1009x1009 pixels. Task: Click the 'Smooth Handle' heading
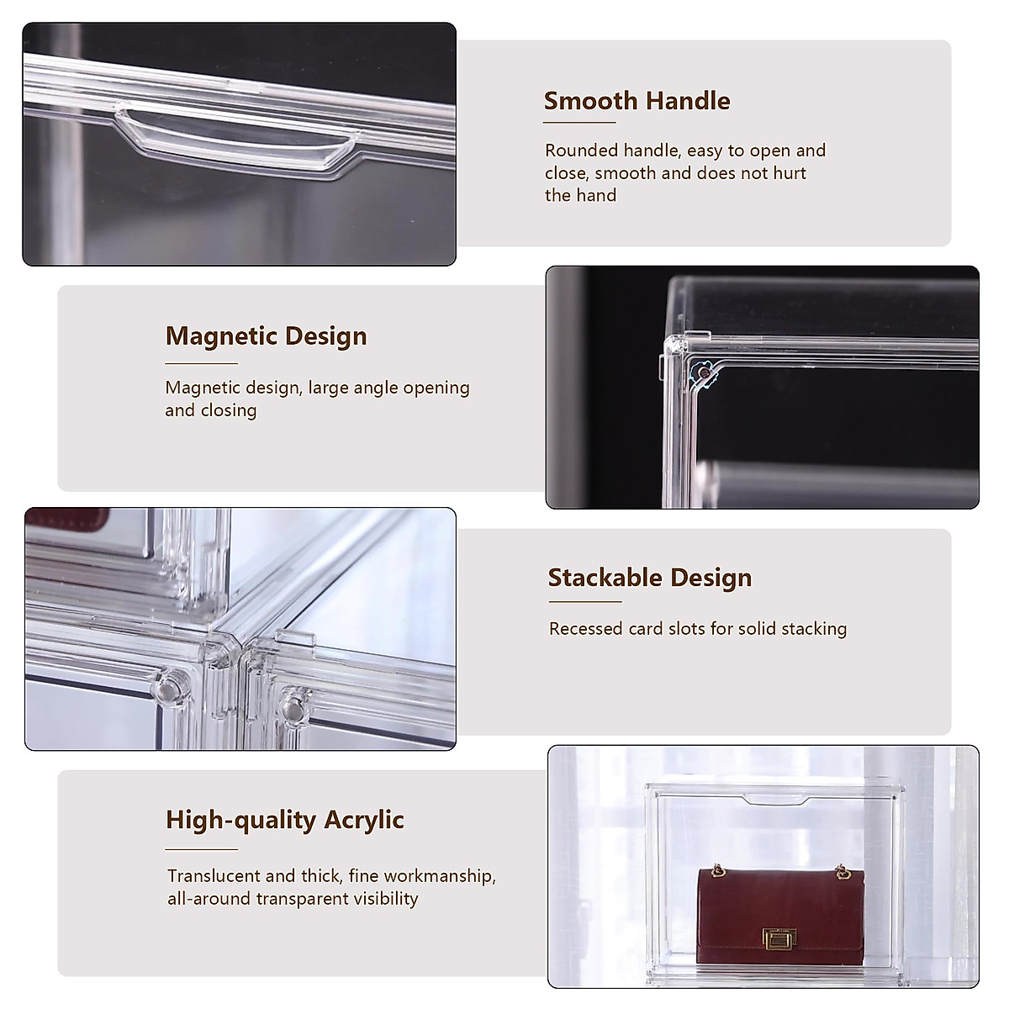pos(637,101)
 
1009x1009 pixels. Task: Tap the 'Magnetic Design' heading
pos(266,336)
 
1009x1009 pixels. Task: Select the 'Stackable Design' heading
pos(649,578)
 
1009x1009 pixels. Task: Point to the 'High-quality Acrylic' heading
pos(285,820)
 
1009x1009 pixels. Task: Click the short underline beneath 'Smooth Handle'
pos(579,124)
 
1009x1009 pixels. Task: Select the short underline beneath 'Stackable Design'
pos(584,601)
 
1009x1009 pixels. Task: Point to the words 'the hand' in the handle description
pos(580,196)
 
